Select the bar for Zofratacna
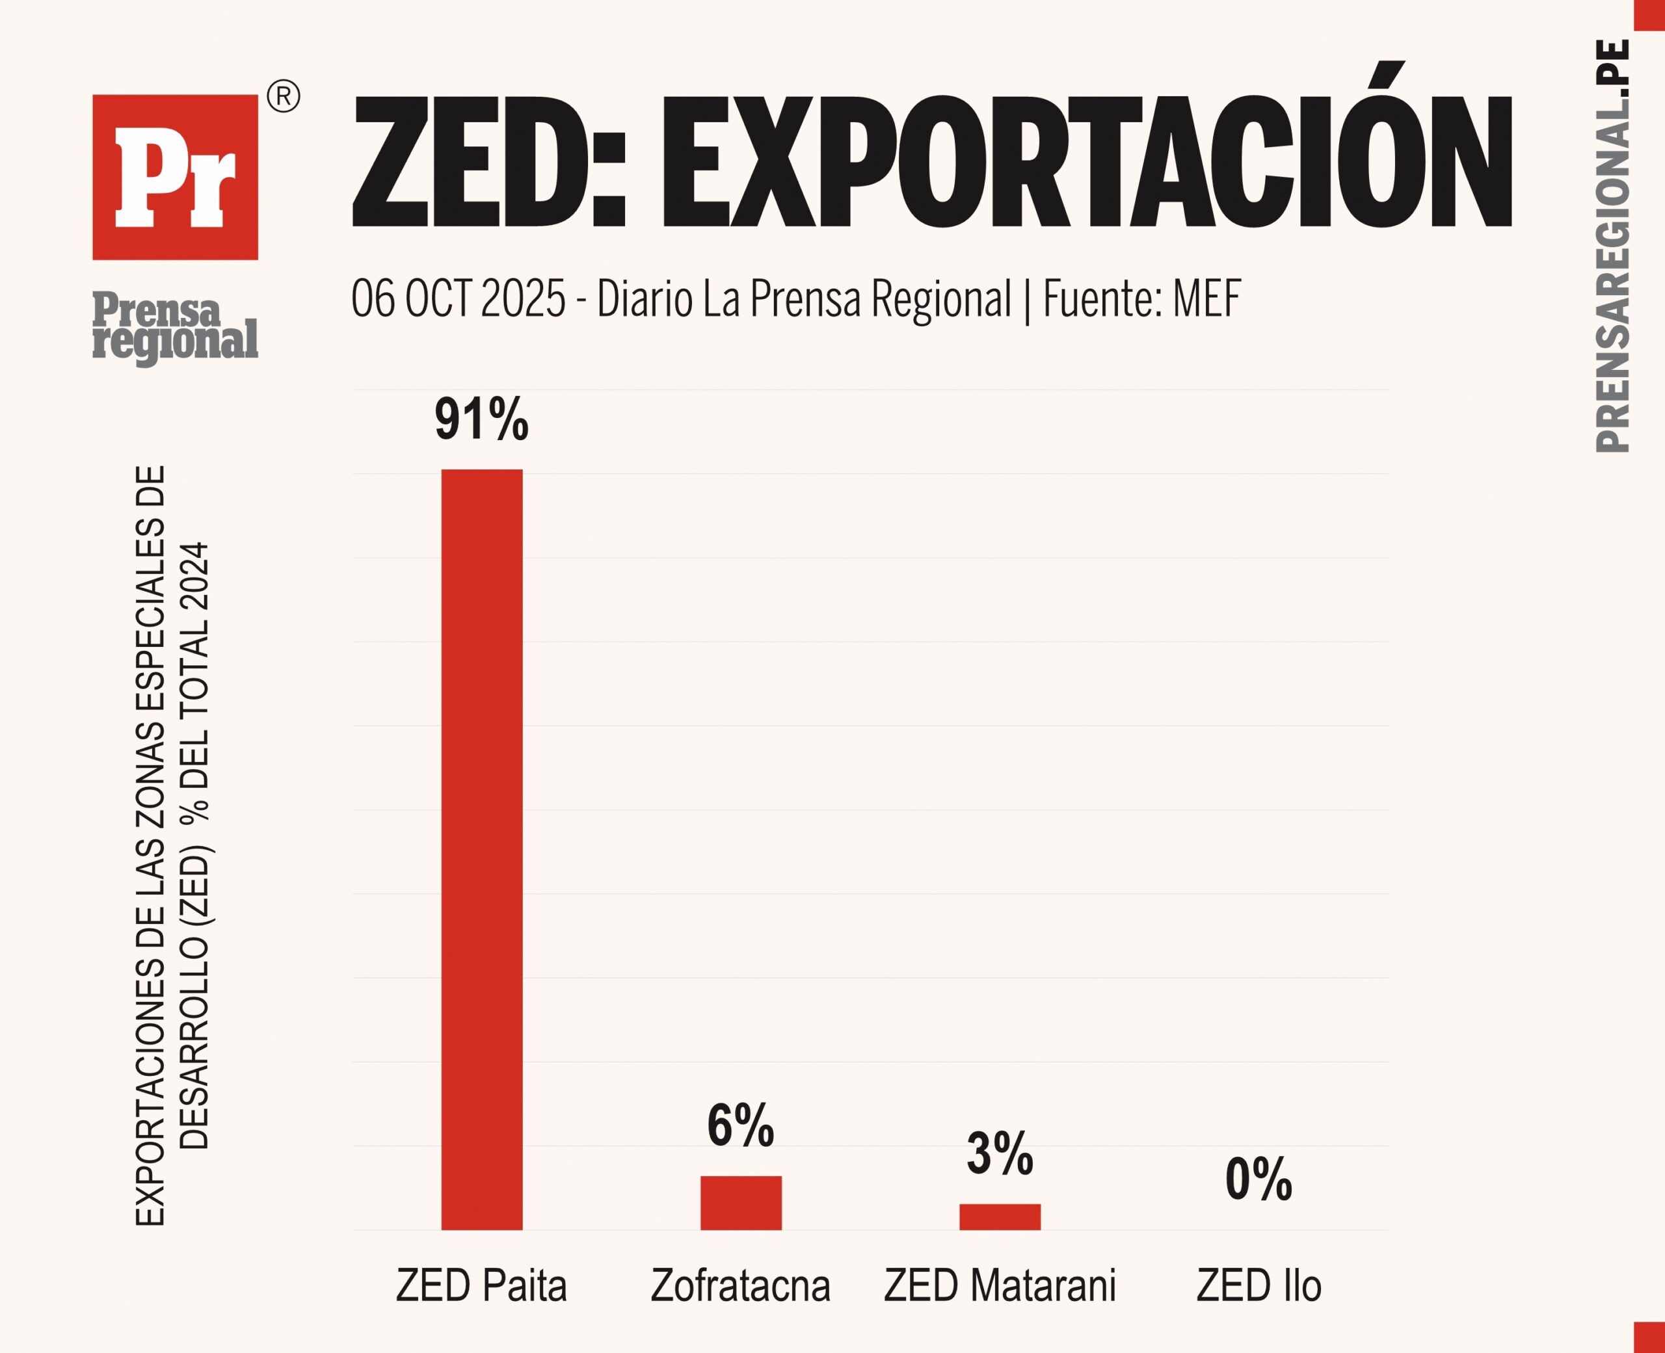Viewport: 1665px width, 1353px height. pyautogui.click(x=741, y=1203)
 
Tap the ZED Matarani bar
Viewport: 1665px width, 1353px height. pyautogui.click(x=999, y=1216)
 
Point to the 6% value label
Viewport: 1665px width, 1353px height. pyautogui.click(x=741, y=1125)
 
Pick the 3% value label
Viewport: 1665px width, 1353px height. pyautogui.click(x=999, y=1153)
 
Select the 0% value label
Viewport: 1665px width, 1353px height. pyautogui.click(x=1258, y=1179)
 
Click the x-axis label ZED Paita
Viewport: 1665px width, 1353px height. pyautogui.click(x=481, y=1285)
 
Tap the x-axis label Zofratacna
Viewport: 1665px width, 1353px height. pyautogui.click(x=741, y=1285)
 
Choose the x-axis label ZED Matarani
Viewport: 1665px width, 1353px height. pyautogui.click(x=999, y=1285)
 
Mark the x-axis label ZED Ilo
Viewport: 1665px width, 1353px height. pyautogui.click(x=1258, y=1285)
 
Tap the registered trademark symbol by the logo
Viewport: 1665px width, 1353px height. pyautogui.click(x=284, y=97)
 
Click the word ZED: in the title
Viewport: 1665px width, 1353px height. pyautogui.click(x=488, y=162)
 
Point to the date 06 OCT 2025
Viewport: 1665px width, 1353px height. pyautogui.click(x=458, y=298)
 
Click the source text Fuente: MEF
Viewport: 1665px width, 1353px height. pyautogui.click(x=1141, y=298)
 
